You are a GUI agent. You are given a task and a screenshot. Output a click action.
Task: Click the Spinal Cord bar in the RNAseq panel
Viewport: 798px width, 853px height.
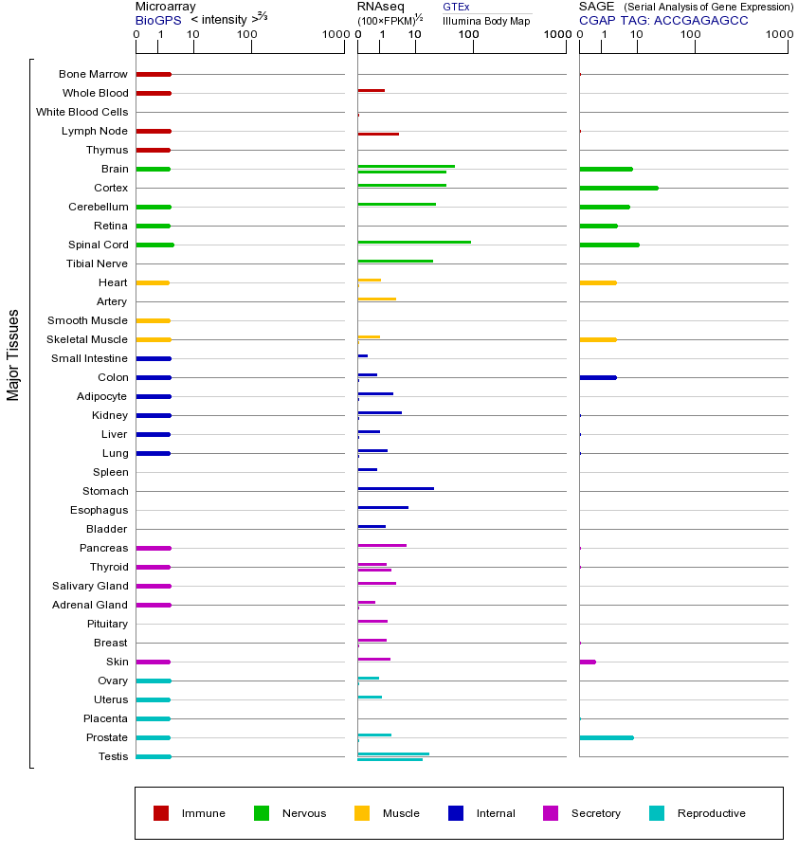pos(414,242)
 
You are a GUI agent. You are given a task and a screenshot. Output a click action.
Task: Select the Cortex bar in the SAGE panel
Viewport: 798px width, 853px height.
pos(618,188)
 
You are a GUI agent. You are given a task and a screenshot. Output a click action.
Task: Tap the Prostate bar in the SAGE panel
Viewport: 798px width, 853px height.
pos(606,737)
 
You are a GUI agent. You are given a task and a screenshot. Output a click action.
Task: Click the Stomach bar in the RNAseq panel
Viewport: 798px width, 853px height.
pos(395,488)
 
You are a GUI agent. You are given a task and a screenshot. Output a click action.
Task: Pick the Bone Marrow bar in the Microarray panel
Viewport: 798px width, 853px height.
pos(154,74)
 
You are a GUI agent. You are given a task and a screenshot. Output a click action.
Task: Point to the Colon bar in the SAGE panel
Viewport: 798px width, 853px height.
pos(597,377)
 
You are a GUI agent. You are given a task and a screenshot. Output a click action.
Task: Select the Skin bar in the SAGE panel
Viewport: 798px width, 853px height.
pos(588,662)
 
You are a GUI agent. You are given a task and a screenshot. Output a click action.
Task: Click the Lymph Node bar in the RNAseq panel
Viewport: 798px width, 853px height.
pos(378,134)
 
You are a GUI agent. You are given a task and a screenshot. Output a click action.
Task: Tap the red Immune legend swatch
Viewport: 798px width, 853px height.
pos(161,813)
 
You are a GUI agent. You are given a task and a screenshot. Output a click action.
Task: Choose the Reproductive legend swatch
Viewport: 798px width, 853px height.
pos(657,813)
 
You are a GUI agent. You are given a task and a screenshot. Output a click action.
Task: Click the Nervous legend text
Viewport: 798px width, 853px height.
pos(304,813)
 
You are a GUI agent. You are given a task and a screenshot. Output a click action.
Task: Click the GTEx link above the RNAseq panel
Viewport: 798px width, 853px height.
pos(456,7)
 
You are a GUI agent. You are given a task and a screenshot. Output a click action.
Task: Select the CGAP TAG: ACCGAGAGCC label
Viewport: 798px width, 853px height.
pos(663,20)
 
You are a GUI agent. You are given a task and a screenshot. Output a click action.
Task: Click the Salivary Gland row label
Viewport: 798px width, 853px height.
pos(90,586)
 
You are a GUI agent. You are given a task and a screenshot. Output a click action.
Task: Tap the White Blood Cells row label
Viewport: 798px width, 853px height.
pos(82,112)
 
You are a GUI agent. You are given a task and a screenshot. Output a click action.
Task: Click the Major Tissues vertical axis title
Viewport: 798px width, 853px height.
pos(13,354)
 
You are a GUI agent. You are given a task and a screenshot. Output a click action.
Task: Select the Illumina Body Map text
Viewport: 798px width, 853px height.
pos(486,21)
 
